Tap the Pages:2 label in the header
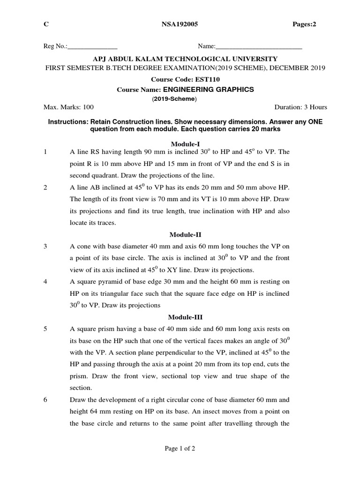pyautogui.click(x=304, y=25)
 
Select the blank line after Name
pyautogui.click(x=259, y=47)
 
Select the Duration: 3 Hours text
pyautogui.click(x=300, y=107)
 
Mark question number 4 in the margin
pyautogui.click(x=45, y=282)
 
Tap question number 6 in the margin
pyautogui.click(x=45, y=400)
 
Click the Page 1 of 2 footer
pyautogui.click(x=180, y=449)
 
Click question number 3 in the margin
pyautogui.click(x=45, y=246)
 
